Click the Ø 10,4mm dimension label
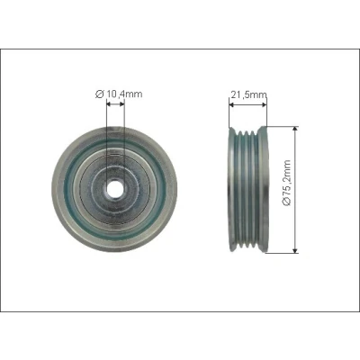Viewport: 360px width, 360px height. tap(119, 94)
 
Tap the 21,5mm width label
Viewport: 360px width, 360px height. tap(248, 94)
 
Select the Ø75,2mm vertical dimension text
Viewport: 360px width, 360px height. tap(287, 183)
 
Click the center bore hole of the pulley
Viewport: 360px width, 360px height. tap(114, 189)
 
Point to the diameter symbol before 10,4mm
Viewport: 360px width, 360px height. tap(99, 94)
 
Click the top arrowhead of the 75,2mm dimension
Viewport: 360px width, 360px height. tap(295, 130)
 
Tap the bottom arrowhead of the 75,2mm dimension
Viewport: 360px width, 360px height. tap(295, 249)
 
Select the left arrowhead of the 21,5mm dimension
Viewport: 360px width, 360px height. tap(231, 104)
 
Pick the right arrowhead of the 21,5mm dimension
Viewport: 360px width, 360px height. tap(264, 104)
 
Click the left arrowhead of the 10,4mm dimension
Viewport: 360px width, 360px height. tap(109, 103)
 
